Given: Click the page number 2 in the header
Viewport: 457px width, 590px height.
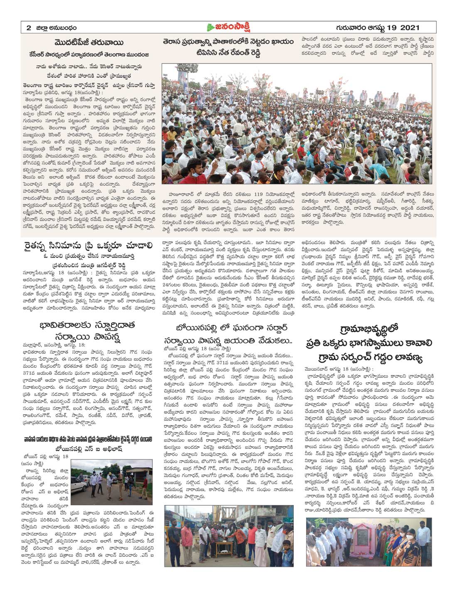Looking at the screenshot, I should [29, 28].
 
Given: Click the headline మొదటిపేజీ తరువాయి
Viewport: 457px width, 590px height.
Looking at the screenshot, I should [90, 43].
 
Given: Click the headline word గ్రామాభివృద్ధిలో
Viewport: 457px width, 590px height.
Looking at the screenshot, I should [369, 329].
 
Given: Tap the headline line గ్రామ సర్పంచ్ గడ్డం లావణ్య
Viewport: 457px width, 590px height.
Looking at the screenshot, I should [369, 357].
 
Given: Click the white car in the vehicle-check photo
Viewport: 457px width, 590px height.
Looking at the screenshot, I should [79, 483].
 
